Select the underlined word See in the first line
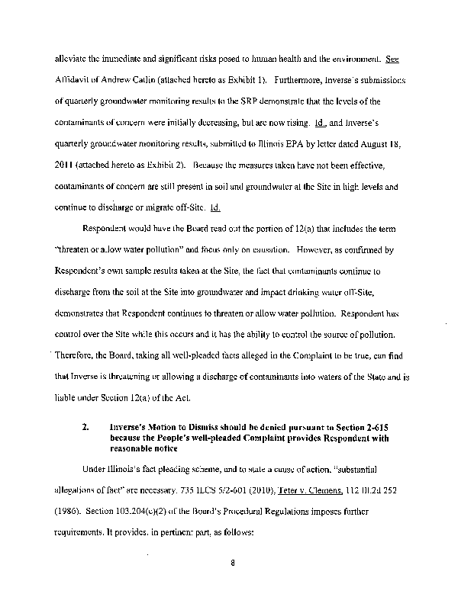(x=393, y=58)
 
